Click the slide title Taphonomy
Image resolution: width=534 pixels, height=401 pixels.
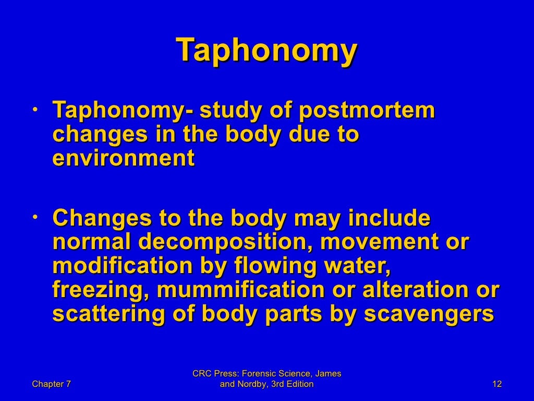tap(266, 51)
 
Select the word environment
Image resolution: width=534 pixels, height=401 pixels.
tap(124, 158)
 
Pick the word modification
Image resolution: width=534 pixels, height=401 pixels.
tap(123, 266)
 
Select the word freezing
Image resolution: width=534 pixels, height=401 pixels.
tap(98, 290)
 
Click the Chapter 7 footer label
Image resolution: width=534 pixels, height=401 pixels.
tap(51, 384)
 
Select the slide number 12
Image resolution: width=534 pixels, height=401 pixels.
tap(496, 384)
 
